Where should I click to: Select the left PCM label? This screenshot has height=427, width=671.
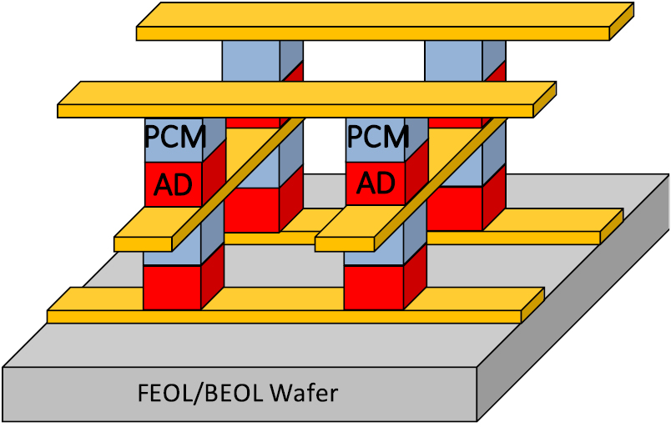(x=174, y=136)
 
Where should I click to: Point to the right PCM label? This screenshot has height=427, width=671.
(x=377, y=136)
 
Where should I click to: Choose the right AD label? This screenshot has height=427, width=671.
(x=376, y=183)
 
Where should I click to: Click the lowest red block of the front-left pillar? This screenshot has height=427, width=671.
(x=172, y=286)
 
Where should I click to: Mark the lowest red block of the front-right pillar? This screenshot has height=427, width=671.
(x=373, y=286)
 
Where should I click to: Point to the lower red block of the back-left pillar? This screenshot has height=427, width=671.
(x=250, y=210)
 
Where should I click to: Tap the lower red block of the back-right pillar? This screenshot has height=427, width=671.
(x=453, y=208)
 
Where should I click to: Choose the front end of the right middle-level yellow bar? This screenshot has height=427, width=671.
(x=345, y=243)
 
